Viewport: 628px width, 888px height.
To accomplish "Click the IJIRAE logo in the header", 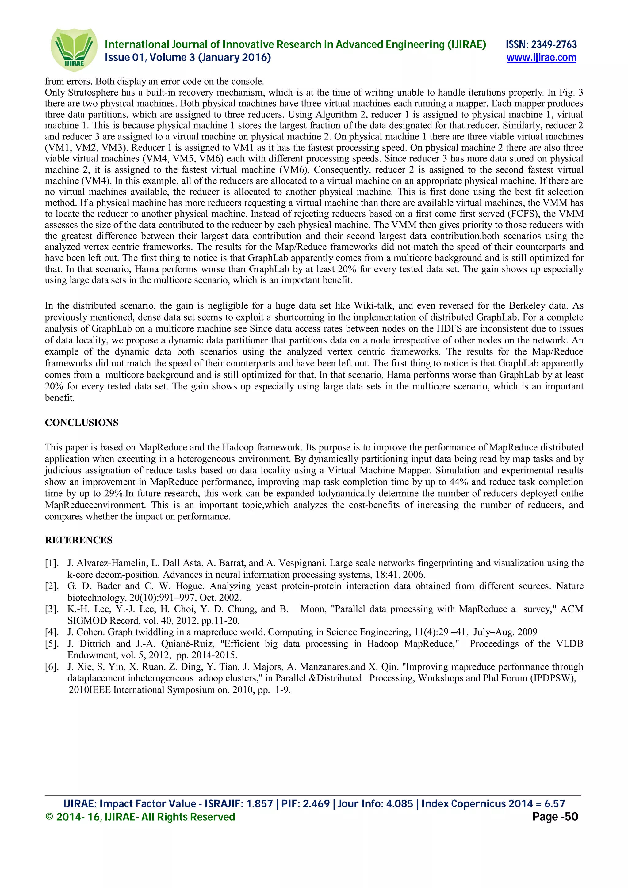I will tap(74, 50).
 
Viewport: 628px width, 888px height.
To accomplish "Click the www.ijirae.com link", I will tap(541, 58).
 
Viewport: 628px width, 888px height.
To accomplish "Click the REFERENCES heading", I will tap(78, 540).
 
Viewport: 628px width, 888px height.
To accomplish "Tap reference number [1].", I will tap(52, 563).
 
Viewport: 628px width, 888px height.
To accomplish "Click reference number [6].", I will tap(52, 667).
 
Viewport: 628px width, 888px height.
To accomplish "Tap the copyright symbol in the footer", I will tap(49, 817).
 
